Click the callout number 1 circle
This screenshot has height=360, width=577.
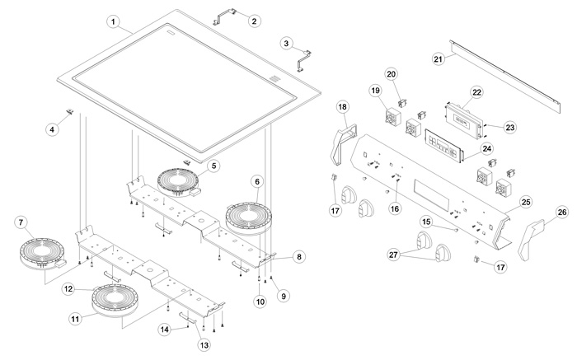(114, 20)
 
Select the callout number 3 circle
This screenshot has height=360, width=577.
(286, 42)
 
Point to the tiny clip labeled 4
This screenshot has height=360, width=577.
(70, 110)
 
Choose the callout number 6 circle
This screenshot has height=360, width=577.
(258, 180)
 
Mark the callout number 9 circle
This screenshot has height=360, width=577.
(284, 294)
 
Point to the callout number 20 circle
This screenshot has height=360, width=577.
(392, 74)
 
